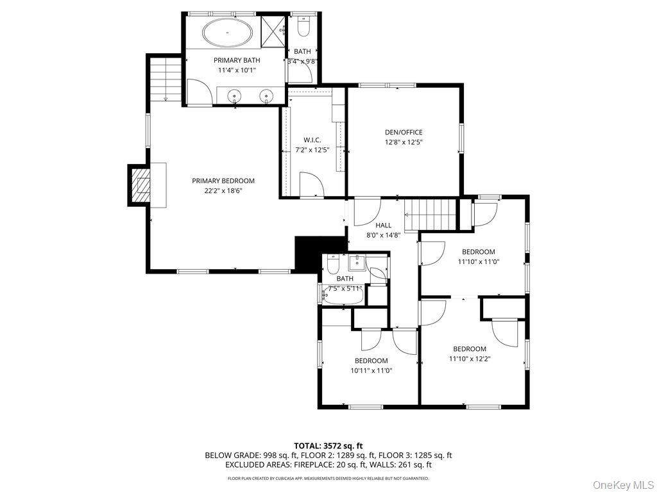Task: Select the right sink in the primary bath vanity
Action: coord(265,97)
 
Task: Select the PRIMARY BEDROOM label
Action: coord(223,181)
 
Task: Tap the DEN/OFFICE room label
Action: coord(404,133)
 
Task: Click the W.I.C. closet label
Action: coord(312,140)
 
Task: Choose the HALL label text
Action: coord(384,225)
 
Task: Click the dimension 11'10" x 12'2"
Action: coord(470,359)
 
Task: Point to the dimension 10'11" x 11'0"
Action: coord(371,370)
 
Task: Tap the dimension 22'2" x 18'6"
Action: coord(223,190)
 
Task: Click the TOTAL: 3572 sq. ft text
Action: coord(328,445)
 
